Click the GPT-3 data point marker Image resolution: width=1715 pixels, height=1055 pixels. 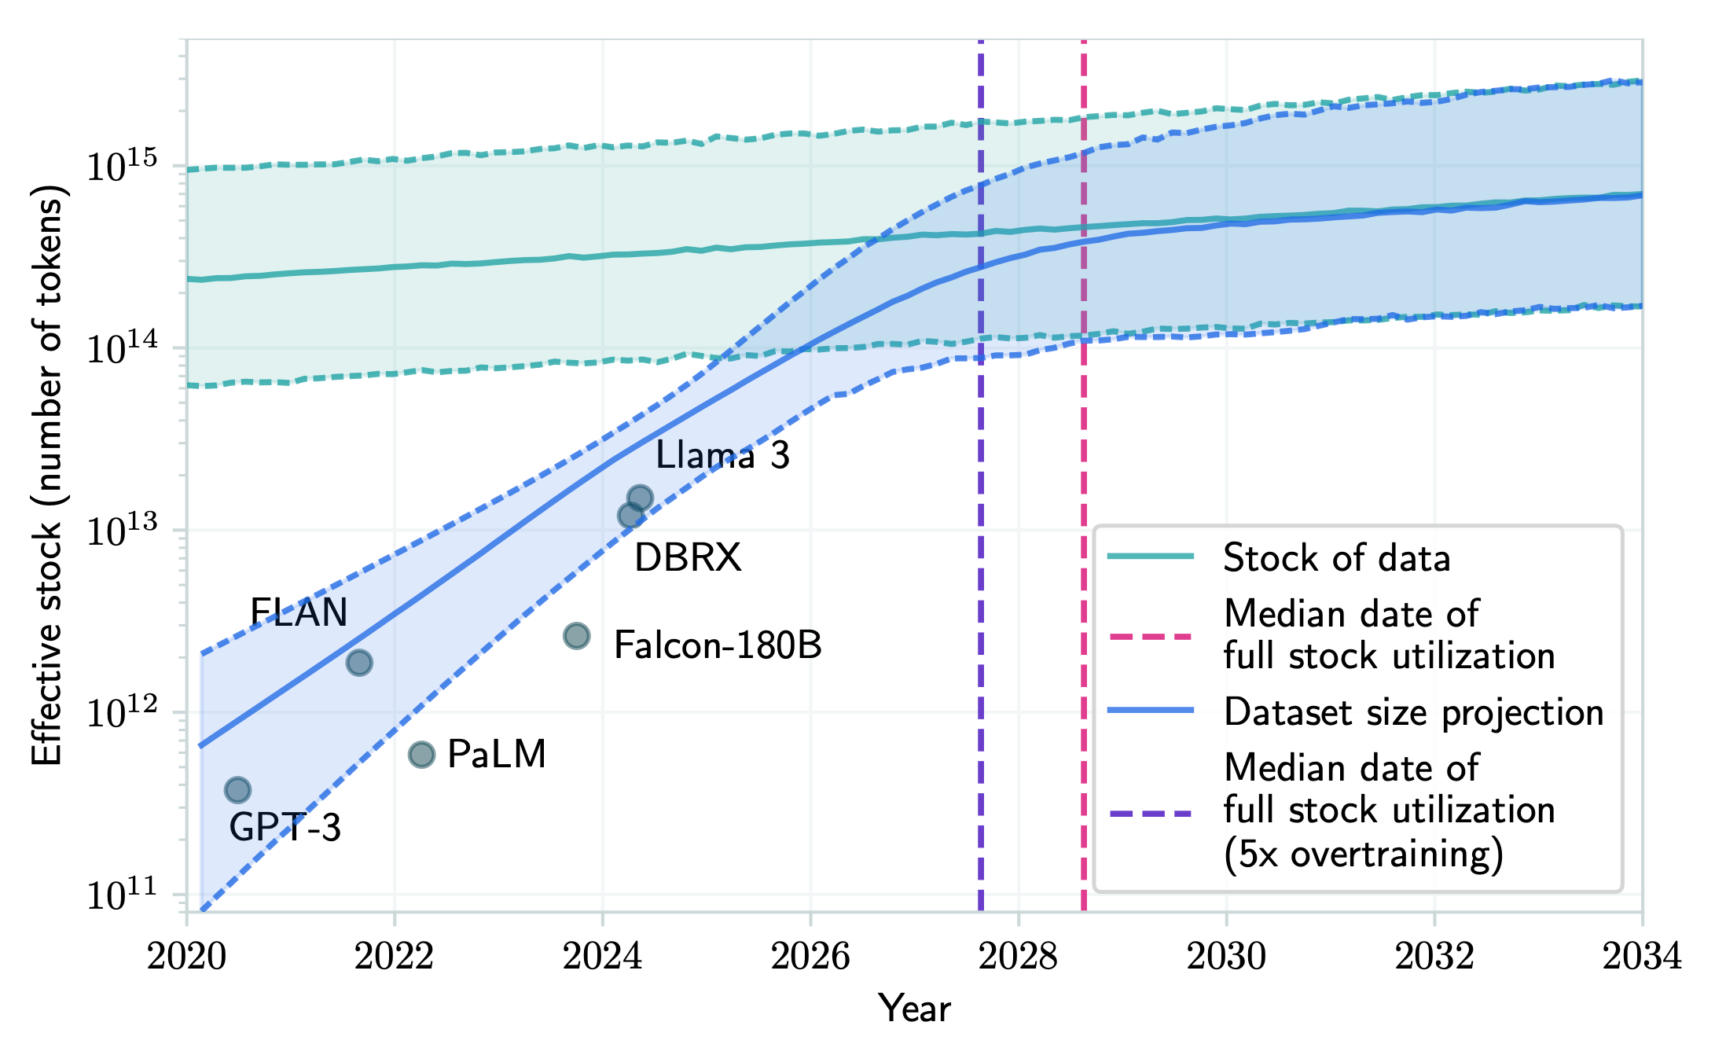(237, 789)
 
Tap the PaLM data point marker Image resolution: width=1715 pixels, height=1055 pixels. (421, 755)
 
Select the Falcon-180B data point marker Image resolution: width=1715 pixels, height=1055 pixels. (577, 635)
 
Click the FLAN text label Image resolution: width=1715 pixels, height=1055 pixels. (299, 612)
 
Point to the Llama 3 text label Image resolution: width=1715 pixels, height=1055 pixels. (722, 455)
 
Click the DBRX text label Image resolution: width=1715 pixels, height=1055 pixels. (688, 557)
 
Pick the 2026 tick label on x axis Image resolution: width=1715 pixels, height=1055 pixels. (810, 957)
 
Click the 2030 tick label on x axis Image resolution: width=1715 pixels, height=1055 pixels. (1226, 957)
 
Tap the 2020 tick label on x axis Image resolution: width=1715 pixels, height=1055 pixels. (187, 957)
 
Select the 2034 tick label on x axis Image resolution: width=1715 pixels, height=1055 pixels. (1641, 957)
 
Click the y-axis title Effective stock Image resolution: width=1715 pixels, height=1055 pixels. (46, 476)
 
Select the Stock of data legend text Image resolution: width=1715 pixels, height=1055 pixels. (1336, 558)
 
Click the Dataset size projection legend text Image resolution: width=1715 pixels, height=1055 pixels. (1413, 712)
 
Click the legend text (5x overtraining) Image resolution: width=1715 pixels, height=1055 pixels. (1363, 854)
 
